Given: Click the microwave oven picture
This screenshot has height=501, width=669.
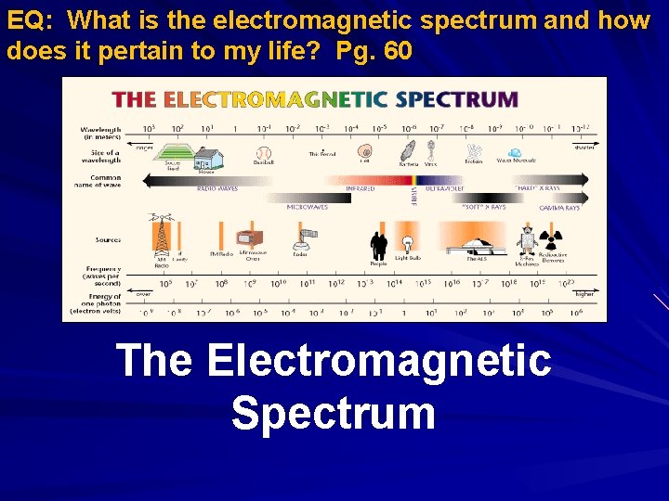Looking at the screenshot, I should pyautogui.click(x=249, y=238).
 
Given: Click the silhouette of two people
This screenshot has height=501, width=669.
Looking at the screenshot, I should pyautogui.click(x=378, y=245).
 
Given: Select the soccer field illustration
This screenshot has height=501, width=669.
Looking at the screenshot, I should pyautogui.click(x=170, y=153).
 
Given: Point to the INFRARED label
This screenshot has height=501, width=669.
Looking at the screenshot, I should pyautogui.click(x=360, y=188).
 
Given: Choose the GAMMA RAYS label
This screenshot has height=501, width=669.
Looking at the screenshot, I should pyautogui.click(x=560, y=209).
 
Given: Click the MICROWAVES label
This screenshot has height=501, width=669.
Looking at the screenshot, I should pyautogui.click(x=307, y=208).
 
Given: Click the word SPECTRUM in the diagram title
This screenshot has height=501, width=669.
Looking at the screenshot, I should pyautogui.click(x=457, y=99).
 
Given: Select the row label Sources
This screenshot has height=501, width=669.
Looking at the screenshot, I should pyautogui.click(x=109, y=239).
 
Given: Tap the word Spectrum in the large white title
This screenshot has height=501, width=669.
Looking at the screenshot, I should pyautogui.click(x=334, y=413).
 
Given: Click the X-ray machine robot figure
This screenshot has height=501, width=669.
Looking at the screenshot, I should pyautogui.click(x=527, y=238).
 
